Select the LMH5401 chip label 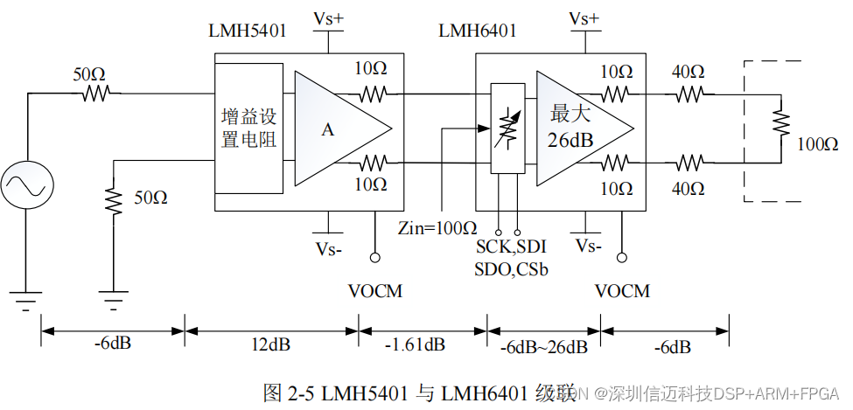248,32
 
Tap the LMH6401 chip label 478,31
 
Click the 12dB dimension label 271,344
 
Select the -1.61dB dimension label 415,344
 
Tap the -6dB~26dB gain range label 543,346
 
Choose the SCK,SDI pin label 511,249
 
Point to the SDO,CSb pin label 511,269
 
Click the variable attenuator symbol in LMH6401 505,128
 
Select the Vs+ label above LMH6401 584,19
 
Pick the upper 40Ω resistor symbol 690,94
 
